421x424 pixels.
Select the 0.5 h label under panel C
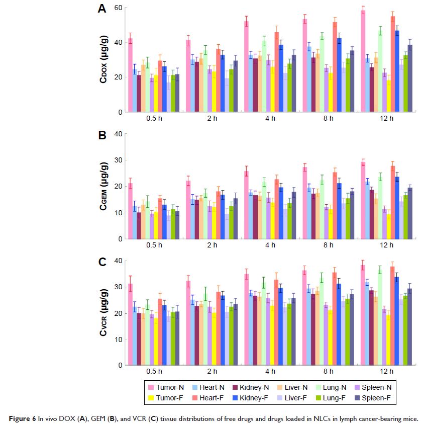click(154, 372)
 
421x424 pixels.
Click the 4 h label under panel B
click(270, 245)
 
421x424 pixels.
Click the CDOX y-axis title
click(104, 60)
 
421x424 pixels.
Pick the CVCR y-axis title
click(104, 313)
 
